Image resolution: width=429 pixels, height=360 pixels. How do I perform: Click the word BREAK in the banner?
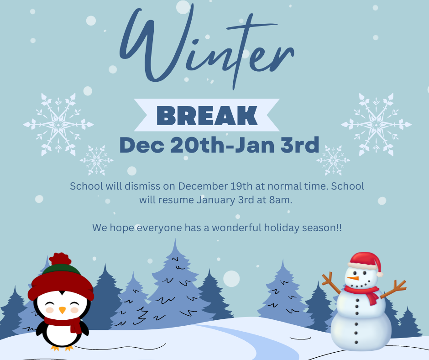coord(207,116)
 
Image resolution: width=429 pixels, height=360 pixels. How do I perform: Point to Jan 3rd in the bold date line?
coord(277,145)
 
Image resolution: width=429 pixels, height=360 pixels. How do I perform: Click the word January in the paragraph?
coord(216,200)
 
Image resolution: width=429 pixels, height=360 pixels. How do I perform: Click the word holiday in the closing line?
coord(282,228)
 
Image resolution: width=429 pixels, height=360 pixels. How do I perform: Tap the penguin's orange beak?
coord(63,310)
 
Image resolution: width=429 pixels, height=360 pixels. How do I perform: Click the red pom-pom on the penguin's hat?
coord(60,259)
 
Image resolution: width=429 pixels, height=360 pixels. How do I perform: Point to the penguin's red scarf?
coord(64,323)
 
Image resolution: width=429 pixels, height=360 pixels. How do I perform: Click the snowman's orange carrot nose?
coord(353,278)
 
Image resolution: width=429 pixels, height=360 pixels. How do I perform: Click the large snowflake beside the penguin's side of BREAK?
coord(58,125)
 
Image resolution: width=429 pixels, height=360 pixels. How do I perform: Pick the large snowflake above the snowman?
coord(376,125)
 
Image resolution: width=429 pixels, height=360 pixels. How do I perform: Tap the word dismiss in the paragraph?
coord(142,186)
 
